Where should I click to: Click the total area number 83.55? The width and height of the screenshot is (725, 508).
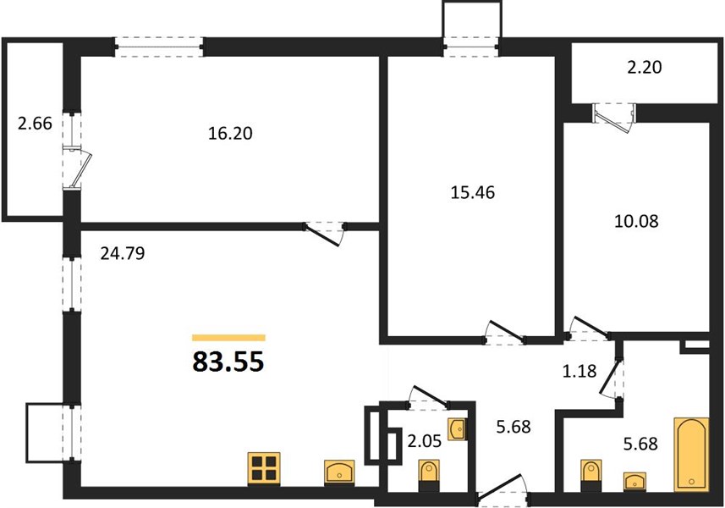tap(228, 362)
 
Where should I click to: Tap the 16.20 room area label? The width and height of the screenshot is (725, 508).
tap(230, 133)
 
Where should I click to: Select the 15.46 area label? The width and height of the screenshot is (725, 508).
tap(473, 192)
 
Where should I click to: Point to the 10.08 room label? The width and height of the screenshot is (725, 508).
tap(636, 221)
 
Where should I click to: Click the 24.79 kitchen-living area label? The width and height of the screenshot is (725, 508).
tap(123, 253)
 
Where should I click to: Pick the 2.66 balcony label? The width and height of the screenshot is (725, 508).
tap(35, 124)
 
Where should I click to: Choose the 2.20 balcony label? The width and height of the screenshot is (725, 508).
tap(645, 68)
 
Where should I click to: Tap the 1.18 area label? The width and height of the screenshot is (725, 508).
tap(579, 371)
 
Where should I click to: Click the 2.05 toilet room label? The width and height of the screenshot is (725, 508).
tap(424, 441)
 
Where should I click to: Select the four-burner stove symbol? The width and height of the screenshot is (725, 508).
tap(264, 468)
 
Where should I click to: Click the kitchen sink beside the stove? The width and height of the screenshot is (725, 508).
tap(339, 472)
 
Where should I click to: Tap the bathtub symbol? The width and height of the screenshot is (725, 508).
tap(691, 455)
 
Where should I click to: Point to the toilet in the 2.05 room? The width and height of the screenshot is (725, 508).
tap(429, 476)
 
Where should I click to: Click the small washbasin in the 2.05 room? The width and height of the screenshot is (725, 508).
tap(458, 429)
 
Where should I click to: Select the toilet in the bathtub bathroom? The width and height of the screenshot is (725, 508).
tap(590, 476)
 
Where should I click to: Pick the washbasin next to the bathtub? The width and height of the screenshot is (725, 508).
tap(634, 481)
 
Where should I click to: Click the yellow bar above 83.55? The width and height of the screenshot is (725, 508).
tap(228, 338)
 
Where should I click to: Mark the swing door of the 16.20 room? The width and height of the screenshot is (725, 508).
tap(324, 233)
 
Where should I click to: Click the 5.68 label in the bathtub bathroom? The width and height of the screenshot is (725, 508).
tap(640, 444)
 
